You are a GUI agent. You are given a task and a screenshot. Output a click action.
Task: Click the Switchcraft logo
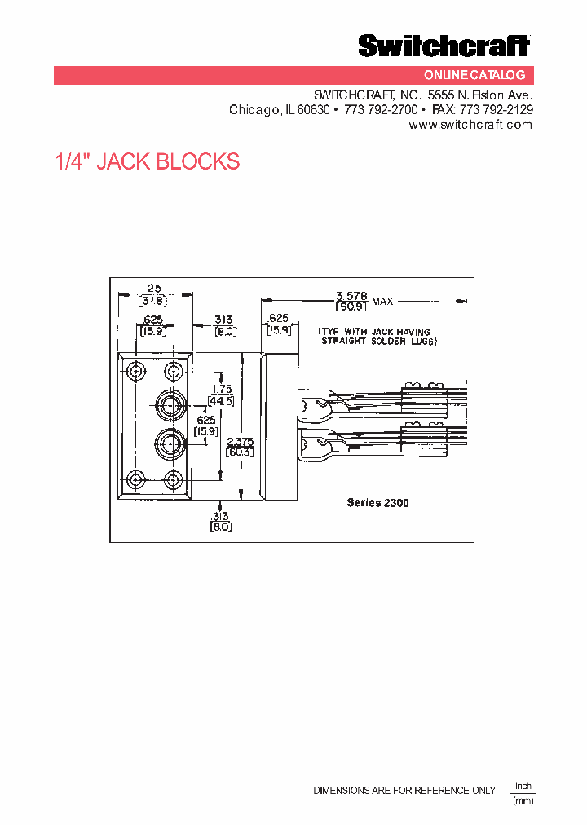445,46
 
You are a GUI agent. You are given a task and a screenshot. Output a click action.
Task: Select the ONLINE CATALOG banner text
486,75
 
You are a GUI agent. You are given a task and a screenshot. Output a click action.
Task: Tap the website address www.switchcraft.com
470,125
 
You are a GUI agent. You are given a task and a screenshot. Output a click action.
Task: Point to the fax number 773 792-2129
497,109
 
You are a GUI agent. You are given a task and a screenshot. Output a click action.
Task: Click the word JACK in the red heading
125,161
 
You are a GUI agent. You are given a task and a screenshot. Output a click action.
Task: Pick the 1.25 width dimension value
151,288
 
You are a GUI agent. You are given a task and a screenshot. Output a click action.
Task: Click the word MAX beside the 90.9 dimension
382,302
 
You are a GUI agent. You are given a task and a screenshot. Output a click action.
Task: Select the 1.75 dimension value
221,389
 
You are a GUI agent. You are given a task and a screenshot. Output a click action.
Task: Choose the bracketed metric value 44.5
221,400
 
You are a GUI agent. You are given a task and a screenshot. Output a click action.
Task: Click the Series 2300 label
377,503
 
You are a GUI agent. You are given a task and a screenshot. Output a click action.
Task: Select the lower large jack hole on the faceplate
171,442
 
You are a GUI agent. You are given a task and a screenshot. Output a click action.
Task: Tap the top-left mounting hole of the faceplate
135,372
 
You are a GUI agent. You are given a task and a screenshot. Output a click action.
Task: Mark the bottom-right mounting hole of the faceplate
172,479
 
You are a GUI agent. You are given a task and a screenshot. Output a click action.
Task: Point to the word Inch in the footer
523,786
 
